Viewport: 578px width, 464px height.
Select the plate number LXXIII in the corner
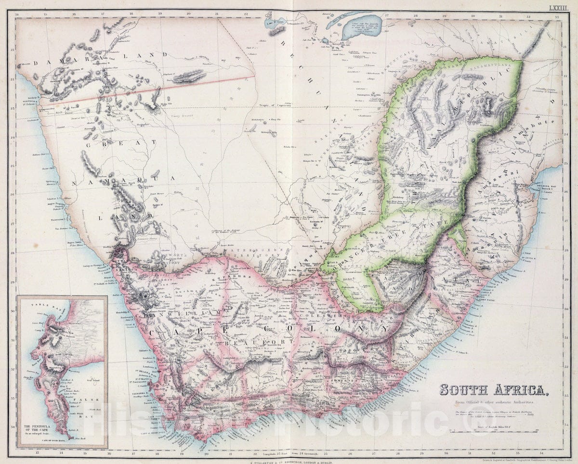pyautogui.click(x=561, y=7)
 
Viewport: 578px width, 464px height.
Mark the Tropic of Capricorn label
pyautogui.click(x=275, y=105)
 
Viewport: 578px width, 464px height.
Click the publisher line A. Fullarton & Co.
pyautogui.click(x=289, y=461)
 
